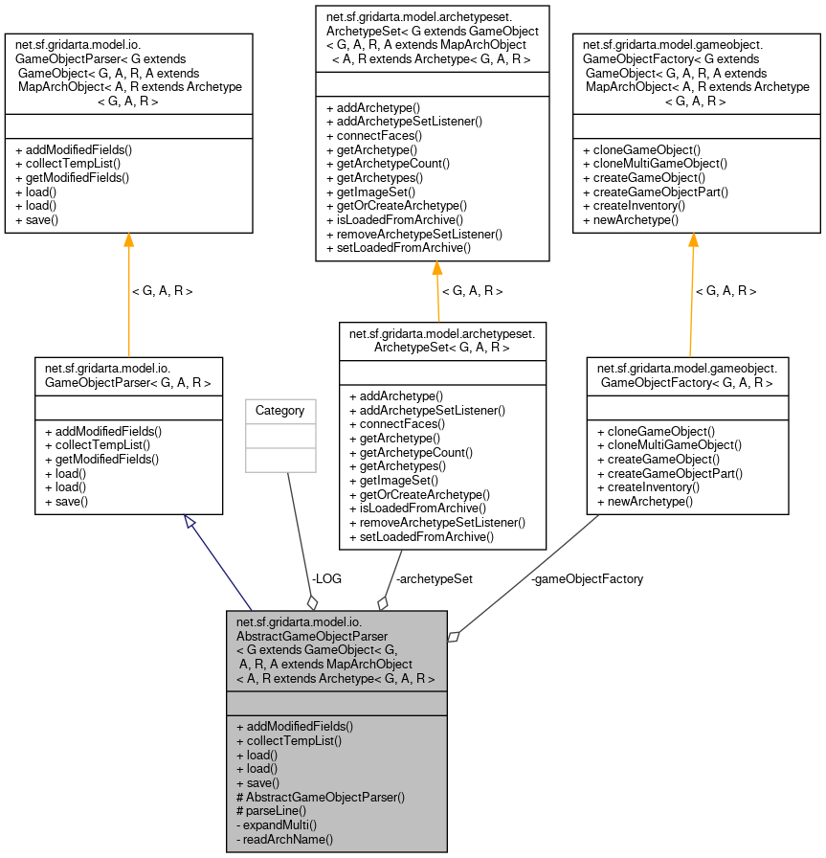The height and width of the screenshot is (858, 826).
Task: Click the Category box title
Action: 280,411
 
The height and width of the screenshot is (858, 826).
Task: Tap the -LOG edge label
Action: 325,578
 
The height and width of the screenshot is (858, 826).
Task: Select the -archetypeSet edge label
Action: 434,578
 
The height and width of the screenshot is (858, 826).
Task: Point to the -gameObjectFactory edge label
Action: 587,578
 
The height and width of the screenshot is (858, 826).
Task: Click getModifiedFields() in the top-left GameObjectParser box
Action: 72,178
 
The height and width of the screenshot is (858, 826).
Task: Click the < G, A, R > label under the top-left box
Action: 162,290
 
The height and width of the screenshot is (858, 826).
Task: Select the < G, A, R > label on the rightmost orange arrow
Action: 726,290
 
